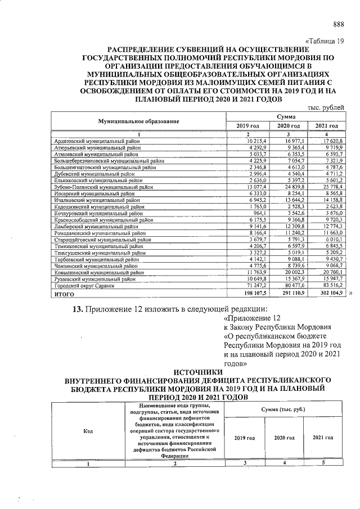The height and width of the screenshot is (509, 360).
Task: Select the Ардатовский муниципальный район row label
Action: (x=94, y=140)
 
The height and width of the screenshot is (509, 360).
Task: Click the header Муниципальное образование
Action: (x=138, y=121)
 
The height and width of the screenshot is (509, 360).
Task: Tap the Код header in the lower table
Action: (x=88, y=431)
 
